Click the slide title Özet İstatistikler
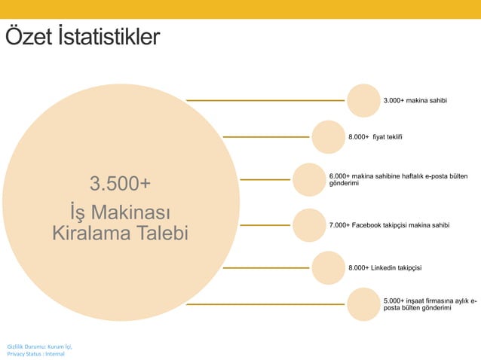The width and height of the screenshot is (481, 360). coord(82,37)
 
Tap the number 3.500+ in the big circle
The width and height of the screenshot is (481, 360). coord(120,184)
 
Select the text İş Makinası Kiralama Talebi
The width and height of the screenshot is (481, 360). coord(120,221)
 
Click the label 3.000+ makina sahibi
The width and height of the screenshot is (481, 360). coord(415,100)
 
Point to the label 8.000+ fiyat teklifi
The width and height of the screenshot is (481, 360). coord(375,137)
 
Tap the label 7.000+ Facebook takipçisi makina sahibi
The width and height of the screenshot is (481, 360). coord(390,225)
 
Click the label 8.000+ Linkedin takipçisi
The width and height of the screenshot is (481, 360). coord(384,267)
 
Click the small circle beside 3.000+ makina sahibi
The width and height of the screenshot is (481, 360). coord(363,100)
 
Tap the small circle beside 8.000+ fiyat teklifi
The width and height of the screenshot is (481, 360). coord(328,137)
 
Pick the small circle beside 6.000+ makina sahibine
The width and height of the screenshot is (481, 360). coord(308,180)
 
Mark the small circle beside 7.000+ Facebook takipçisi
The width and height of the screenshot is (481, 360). coord(308,224)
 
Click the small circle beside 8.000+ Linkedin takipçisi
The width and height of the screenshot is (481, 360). coord(328,267)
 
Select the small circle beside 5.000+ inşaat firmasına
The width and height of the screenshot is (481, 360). coord(363,304)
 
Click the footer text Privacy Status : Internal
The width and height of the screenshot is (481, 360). coord(35,353)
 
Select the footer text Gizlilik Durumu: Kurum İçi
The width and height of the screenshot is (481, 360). coord(39,346)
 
